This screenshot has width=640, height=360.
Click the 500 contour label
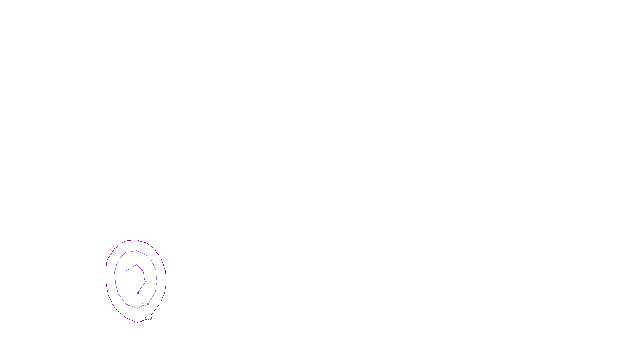pyautogui.click(x=137, y=293)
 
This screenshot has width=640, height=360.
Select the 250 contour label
pyautogui.click(x=146, y=304)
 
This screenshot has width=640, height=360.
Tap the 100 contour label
pyautogui.click(x=148, y=318)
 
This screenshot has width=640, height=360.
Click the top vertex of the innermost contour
pyautogui.click(x=137, y=265)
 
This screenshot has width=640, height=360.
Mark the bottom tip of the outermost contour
pyautogui.click(x=138, y=322)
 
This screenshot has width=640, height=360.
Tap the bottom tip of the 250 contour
pyautogui.click(x=137, y=308)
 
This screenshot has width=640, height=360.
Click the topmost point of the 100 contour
pyautogui.click(x=135, y=240)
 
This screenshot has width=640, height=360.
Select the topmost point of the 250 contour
pyautogui.click(x=136, y=251)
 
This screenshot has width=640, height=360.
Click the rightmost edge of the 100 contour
pyautogui.click(x=166, y=278)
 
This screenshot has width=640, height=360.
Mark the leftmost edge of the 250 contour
pyautogui.click(x=115, y=276)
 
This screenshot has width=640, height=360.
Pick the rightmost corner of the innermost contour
pyautogui.click(x=145, y=281)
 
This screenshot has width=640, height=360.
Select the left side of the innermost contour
pyautogui.click(x=126, y=277)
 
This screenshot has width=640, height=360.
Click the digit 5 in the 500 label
pyautogui.click(x=134, y=293)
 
